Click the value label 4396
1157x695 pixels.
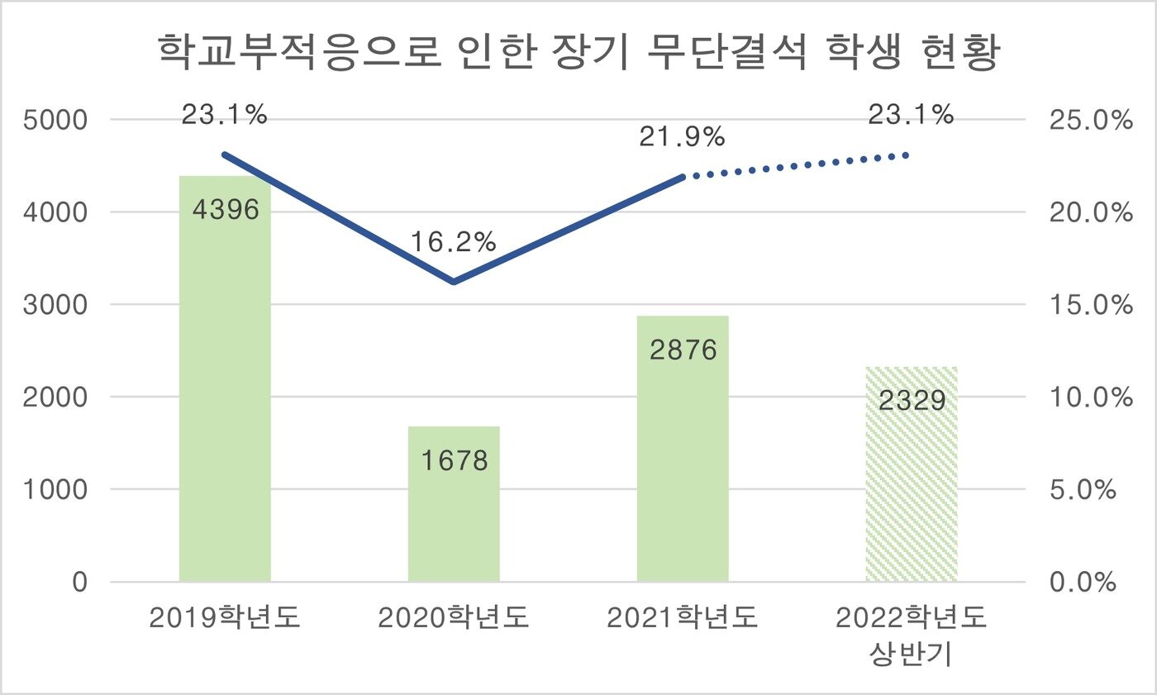pyautogui.click(x=225, y=209)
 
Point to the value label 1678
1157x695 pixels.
pyautogui.click(x=454, y=460)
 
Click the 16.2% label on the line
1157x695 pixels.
pyautogui.click(x=454, y=242)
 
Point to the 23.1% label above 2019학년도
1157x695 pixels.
pyautogui.click(x=225, y=115)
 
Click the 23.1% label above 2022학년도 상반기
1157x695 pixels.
pyautogui.click(x=911, y=115)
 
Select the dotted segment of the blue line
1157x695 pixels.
pyautogui.click(x=798, y=165)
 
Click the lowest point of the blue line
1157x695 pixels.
pyautogui.click(x=454, y=282)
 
